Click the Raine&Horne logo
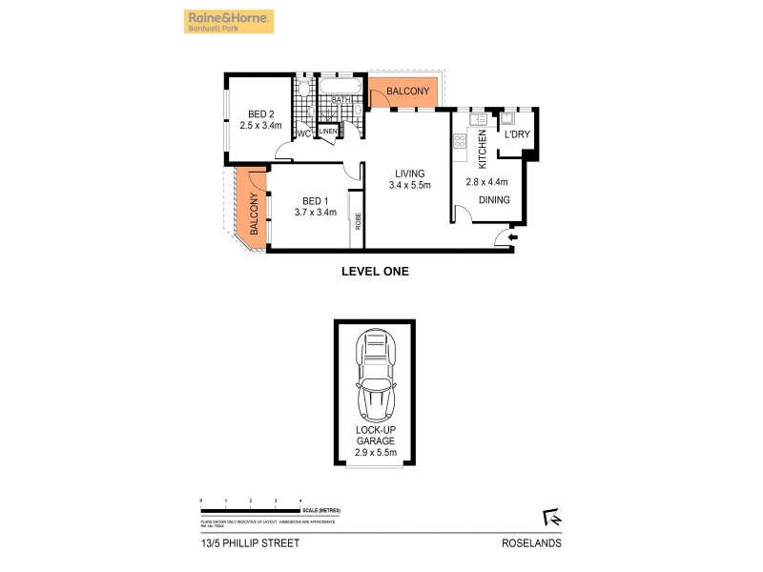(x=228, y=21)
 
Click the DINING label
(x=494, y=200)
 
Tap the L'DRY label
(x=518, y=133)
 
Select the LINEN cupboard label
(x=328, y=132)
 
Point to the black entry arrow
(x=513, y=237)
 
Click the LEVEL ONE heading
(x=375, y=272)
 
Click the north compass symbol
(x=550, y=517)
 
